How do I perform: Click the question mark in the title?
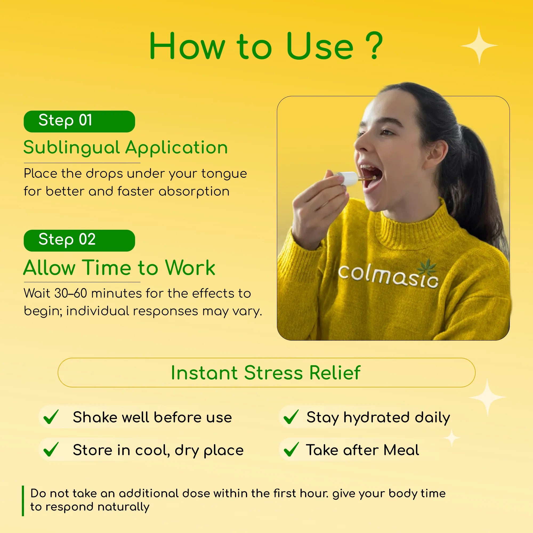tap(374, 46)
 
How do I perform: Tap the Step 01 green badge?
tap(79, 121)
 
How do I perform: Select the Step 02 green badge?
tap(79, 240)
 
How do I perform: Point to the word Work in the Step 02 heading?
tap(190, 268)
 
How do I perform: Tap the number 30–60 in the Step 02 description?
tap(71, 293)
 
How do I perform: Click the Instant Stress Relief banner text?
tap(266, 373)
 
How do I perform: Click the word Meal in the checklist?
tap(401, 450)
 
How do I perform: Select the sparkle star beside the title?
tap(479, 46)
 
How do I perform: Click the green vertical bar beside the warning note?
tap(23, 501)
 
